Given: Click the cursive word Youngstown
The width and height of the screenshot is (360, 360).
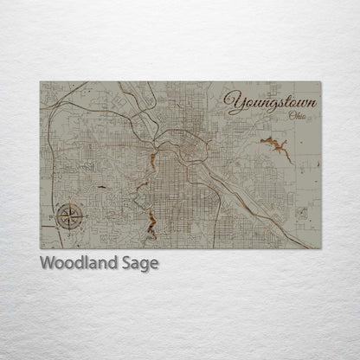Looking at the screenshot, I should pyautogui.click(x=270, y=104).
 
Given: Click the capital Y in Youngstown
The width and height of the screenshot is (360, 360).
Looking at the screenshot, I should pyautogui.click(x=233, y=102).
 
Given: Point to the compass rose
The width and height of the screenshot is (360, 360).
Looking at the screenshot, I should pyautogui.click(x=69, y=216).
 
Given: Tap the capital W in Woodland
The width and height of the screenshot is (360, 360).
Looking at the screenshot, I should pyautogui.click(x=47, y=263).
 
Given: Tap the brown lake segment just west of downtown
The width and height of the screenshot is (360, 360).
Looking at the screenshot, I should pyautogui.click(x=152, y=160).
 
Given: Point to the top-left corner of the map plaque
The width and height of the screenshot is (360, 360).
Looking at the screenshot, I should pyautogui.click(x=41, y=82).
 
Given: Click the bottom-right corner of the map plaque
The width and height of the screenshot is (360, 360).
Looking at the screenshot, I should pyautogui.click(x=320, y=248).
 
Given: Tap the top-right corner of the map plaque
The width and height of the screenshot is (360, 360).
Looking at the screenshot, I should pyautogui.click(x=320, y=82).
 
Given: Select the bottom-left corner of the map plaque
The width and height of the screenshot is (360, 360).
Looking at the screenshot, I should pyautogui.click(x=41, y=248).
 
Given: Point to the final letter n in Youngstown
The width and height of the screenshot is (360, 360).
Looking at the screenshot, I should pyautogui.click(x=312, y=104).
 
